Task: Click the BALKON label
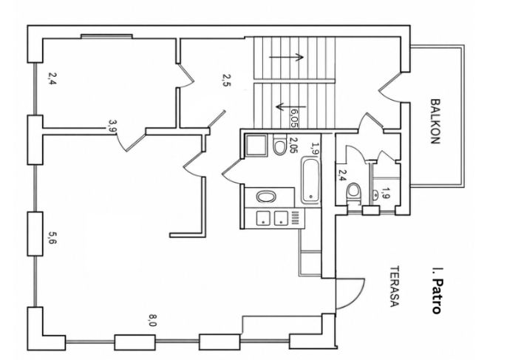click(x=435, y=121)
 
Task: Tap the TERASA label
click(x=395, y=286)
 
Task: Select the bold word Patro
click(x=436, y=296)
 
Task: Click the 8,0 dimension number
click(x=152, y=320)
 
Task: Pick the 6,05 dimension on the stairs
click(x=294, y=118)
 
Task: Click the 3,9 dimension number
click(x=112, y=126)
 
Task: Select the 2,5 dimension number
click(x=227, y=81)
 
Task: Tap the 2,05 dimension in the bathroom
click(x=293, y=145)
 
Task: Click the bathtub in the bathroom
click(x=310, y=180)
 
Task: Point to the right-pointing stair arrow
click(x=286, y=57)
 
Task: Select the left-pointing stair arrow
click(x=290, y=106)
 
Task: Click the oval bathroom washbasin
click(x=266, y=197)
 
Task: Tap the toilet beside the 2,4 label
click(x=353, y=193)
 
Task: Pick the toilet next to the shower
click(x=279, y=145)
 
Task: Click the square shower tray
click(x=256, y=146)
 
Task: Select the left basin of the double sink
click(x=264, y=218)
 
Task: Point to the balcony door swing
click(x=389, y=87)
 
